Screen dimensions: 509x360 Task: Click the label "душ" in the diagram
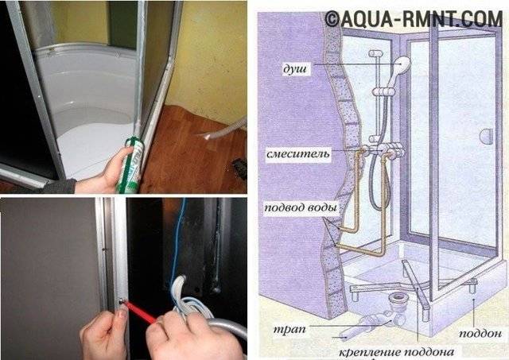tap(295, 69)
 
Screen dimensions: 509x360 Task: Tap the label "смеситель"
tap(298, 153)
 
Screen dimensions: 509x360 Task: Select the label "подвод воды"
tap(301, 207)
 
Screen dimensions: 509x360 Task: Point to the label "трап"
tap(289, 330)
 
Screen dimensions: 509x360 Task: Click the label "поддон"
tap(480, 333)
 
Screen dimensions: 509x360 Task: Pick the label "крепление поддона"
tap(396, 352)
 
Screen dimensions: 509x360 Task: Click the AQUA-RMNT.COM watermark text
tap(414, 18)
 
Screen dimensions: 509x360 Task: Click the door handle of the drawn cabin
tap(486, 135)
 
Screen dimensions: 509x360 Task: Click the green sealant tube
tap(130, 165)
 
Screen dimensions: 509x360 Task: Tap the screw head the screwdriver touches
tap(121, 301)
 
